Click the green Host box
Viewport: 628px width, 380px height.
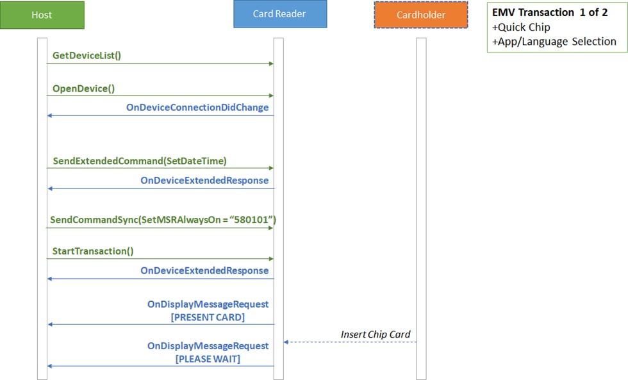coord(42,15)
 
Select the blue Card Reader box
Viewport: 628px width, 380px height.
coord(280,14)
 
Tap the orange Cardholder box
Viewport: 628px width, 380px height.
coord(421,15)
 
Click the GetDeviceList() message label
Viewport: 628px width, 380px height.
coord(87,55)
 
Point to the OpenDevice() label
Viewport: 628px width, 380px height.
coord(83,88)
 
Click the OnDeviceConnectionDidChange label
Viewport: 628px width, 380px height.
coord(197,107)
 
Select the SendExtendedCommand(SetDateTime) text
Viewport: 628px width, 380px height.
coord(140,161)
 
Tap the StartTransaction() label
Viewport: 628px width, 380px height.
coord(93,251)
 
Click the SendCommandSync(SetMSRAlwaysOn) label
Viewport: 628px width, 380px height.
coord(163,220)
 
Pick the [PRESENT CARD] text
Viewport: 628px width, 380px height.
coord(208,317)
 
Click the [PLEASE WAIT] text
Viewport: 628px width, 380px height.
coord(208,359)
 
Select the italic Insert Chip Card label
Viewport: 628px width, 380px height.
coord(376,335)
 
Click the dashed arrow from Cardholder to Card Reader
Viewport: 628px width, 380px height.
coord(350,342)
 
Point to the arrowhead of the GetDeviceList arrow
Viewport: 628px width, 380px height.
coord(272,63)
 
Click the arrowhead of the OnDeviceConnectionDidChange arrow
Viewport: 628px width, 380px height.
coord(50,116)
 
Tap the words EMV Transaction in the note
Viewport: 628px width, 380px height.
coord(533,12)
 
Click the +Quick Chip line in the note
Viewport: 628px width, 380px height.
coord(521,27)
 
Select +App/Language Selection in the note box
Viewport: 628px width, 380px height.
coord(554,42)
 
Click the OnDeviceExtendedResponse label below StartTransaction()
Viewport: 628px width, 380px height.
coord(204,270)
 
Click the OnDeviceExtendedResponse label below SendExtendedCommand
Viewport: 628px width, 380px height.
coord(204,181)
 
